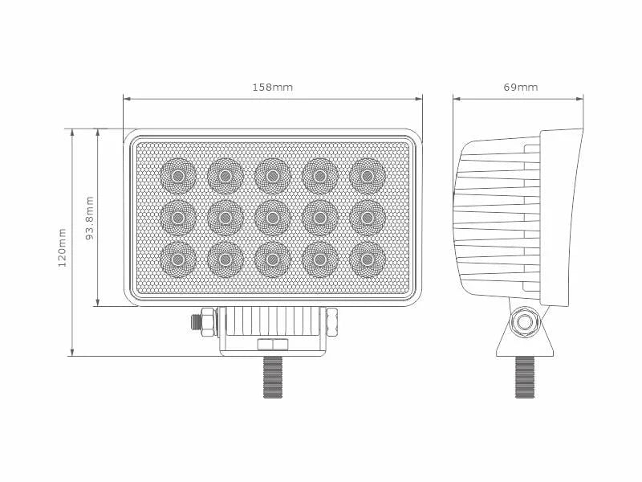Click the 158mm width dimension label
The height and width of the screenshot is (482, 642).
pyautogui.click(x=273, y=88)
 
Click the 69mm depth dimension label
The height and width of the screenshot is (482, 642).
pyautogui.click(x=521, y=88)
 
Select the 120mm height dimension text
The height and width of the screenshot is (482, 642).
pyautogui.click(x=63, y=247)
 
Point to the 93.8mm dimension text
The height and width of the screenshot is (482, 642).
pyautogui.click(x=90, y=218)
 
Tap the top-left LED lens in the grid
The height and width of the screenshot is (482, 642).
pyautogui.click(x=177, y=174)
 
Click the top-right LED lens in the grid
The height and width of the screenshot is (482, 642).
pyautogui.click(x=367, y=174)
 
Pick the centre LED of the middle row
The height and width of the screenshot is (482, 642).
pyautogui.click(x=272, y=217)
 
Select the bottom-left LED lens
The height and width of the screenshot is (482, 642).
pyautogui.click(x=177, y=259)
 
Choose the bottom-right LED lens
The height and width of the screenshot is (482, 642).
pyautogui.click(x=367, y=259)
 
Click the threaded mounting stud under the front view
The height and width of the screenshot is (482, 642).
pyautogui.click(x=272, y=378)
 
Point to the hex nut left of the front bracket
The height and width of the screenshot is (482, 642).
pyautogui.click(x=205, y=321)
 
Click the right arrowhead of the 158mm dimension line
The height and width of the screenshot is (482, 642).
pyautogui.click(x=420, y=99)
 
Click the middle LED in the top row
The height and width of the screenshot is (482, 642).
pyautogui.click(x=272, y=174)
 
